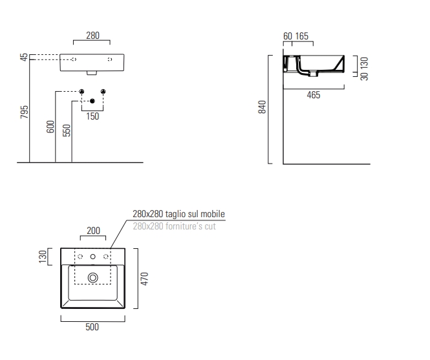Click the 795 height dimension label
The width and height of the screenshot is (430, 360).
click(25, 112)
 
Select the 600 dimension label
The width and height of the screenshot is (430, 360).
click(50, 127)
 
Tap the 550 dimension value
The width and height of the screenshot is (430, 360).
click(67, 131)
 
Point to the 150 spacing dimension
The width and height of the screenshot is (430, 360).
click(92, 116)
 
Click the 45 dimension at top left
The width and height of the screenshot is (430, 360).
click(25, 58)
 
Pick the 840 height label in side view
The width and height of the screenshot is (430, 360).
click(262, 107)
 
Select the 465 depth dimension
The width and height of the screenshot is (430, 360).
click(314, 95)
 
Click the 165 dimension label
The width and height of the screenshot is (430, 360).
click(302, 36)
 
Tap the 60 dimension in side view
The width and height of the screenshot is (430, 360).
click(288, 36)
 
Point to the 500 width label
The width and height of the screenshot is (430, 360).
click(92, 327)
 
